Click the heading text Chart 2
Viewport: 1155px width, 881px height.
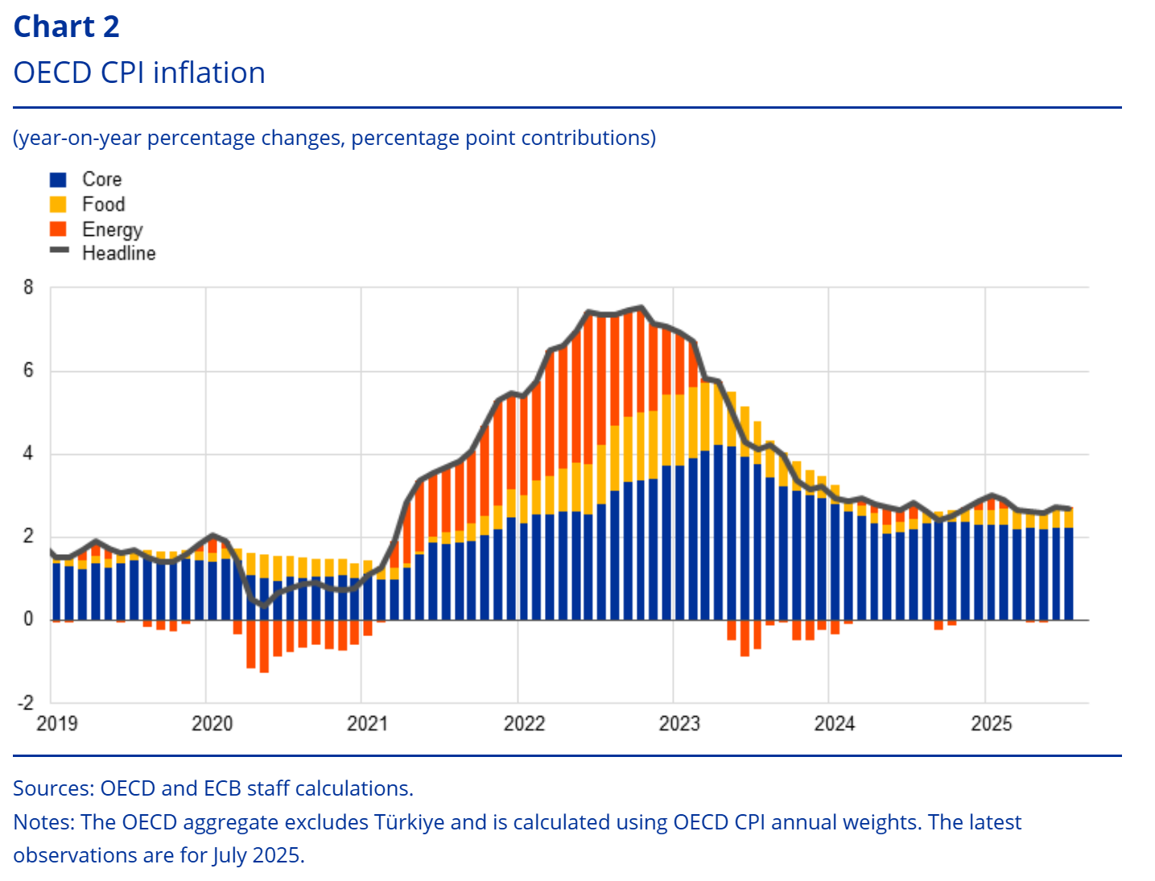(67, 27)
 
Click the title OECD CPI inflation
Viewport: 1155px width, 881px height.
(139, 73)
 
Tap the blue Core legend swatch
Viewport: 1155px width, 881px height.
(58, 180)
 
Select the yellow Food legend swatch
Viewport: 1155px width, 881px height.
(58, 205)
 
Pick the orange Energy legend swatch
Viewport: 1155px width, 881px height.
(58, 230)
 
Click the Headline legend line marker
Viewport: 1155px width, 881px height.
(59, 250)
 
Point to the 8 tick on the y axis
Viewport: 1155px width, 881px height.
(29, 287)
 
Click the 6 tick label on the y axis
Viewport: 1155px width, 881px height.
(29, 370)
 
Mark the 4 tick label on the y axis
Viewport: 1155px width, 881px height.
(29, 453)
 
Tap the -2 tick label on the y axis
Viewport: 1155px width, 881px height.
(26, 702)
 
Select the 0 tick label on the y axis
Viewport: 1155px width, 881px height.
(29, 619)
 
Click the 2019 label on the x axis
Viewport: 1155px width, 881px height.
(57, 723)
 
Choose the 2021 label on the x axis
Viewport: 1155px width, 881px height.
(368, 723)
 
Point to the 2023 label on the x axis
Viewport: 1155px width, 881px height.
(679, 723)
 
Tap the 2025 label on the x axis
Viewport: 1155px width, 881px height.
(991, 723)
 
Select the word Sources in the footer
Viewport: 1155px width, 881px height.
(52, 788)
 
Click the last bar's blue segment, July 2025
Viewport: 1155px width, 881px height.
(1068, 573)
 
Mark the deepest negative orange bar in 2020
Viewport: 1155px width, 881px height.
(264, 646)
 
